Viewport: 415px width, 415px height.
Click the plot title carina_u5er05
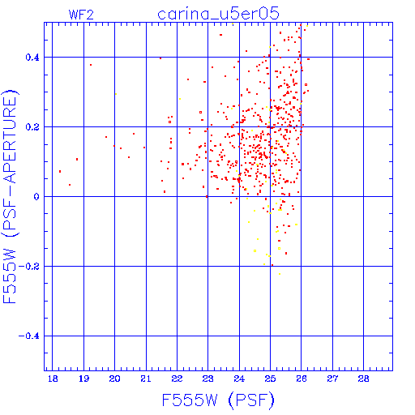coord(218,14)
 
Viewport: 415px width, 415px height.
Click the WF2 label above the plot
coord(81,15)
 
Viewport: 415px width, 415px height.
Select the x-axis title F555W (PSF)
coord(218,400)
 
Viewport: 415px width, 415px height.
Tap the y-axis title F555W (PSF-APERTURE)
coord(10,197)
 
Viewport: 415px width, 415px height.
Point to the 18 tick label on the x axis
coord(53,379)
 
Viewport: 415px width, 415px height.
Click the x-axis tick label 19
coord(83,379)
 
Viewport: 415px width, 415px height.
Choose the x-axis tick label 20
coord(114,379)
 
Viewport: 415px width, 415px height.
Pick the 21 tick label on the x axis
coord(146,379)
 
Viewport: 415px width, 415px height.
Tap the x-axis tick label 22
coord(177,379)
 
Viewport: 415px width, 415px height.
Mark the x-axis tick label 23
coord(208,379)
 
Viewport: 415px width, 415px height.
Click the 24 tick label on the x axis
coord(239,379)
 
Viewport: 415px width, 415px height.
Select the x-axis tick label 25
coord(270,379)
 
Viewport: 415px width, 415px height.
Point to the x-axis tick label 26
coord(302,379)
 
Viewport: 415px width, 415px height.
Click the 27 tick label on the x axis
coord(332,379)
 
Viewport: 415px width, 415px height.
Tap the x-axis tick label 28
coord(363,379)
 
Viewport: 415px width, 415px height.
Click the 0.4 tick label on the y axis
coord(32,58)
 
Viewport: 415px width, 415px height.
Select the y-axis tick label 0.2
coord(32,127)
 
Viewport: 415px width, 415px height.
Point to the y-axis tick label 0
coord(36,197)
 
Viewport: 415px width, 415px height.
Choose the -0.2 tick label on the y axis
coord(29,267)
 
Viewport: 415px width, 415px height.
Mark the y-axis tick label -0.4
coord(29,336)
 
